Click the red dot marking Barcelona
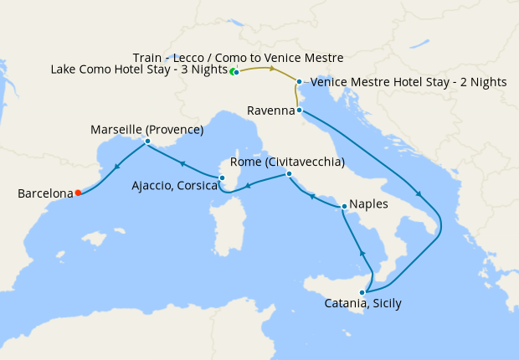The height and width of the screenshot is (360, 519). pos(78,193)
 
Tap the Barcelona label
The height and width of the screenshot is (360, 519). pos(45,193)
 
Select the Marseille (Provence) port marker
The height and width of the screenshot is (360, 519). pos(147,141)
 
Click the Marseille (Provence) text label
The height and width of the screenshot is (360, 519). pos(147,130)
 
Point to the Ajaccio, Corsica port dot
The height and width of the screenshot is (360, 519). pos(222,177)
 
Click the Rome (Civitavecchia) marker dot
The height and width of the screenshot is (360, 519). pos(289,174)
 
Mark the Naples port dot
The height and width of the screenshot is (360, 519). pos(344,206)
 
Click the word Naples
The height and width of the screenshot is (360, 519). pos(370,203)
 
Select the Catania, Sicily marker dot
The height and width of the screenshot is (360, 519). pos(362,292)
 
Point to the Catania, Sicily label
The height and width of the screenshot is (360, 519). pos(362,304)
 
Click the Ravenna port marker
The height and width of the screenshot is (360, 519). pos(298,110)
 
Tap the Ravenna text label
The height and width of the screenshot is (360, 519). pos(270,110)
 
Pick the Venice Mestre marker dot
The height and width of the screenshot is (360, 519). pos(300,81)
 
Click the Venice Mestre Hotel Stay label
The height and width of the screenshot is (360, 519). pos(409,82)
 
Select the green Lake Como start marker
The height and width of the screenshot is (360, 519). pos(233,71)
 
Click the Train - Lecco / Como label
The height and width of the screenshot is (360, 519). pos(238,58)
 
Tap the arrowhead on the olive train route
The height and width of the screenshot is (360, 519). pos(271,68)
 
